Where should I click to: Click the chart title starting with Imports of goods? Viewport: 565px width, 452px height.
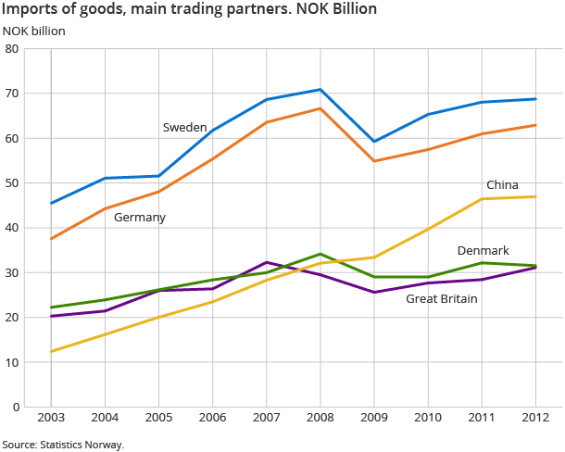[x=189, y=10]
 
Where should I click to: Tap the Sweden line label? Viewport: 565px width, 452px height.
[x=184, y=127]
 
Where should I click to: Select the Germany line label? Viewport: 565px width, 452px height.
[x=140, y=217]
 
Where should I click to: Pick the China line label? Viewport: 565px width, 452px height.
[x=502, y=185]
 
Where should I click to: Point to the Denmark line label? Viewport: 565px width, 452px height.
[x=483, y=251]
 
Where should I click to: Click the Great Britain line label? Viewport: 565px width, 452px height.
[x=442, y=298]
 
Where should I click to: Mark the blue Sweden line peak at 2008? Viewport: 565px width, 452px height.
[x=320, y=90]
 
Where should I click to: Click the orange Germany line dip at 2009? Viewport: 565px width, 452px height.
[x=373, y=161]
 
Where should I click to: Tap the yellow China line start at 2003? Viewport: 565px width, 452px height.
[x=51, y=351]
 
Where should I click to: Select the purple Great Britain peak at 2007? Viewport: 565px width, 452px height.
[x=266, y=262]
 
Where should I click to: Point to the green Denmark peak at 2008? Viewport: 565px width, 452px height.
[x=320, y=254]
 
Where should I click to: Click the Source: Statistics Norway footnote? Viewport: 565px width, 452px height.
[x=62, y=445]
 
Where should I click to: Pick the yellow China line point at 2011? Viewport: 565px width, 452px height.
[x=482, y=199]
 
